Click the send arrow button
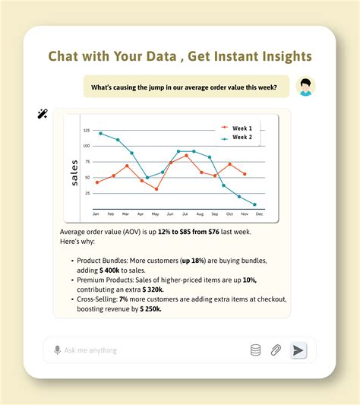coord(298,350)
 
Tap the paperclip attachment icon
coord(276,350)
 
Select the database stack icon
coord(255,350)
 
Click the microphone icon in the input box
coord(57,350)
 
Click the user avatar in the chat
coord(305,87)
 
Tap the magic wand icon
coord(43,114)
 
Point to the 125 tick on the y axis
coord(86,130)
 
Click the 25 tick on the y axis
coord(87,193)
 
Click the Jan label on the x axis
coord(96,215)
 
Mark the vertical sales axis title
coord(74,172)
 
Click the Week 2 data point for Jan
coord(100,133)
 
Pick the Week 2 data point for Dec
coord(254,205)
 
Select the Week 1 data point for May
coord(156,188)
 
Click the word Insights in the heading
coord(275,57)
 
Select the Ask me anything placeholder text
coord(90,350)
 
